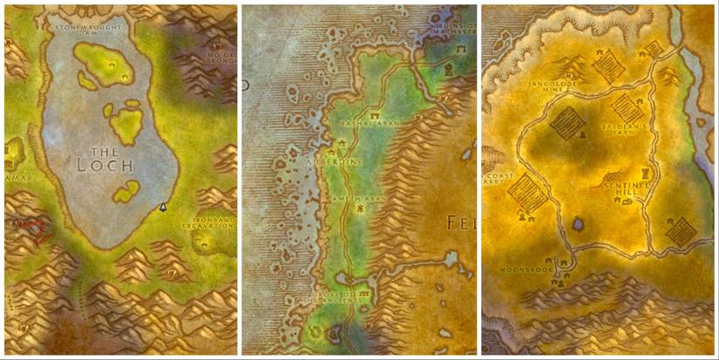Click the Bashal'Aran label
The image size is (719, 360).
click(375, 123)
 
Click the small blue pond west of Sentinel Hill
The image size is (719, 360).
click(578, 225)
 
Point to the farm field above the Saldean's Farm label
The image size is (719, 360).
click(627, 107)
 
